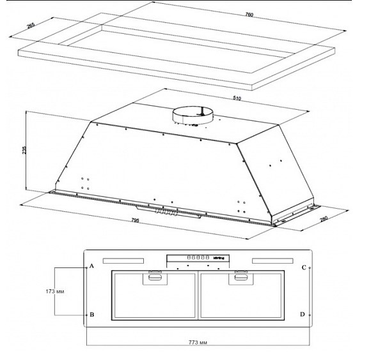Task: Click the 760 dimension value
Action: click(x=249, y=15)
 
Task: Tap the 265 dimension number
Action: click(x=31, y=26)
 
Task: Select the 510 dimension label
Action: click(x=237, y=98)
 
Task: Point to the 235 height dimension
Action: click(x=24, y=150)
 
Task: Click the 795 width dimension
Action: click(x=136, y=220)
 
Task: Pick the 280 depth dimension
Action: click(x=324, y=219)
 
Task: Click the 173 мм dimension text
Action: click(x=55, y=292)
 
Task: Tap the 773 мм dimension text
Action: click(x=198, y=343)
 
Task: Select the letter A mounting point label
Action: click(x=92, y=266)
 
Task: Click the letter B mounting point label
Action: click(x=92, y=315)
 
